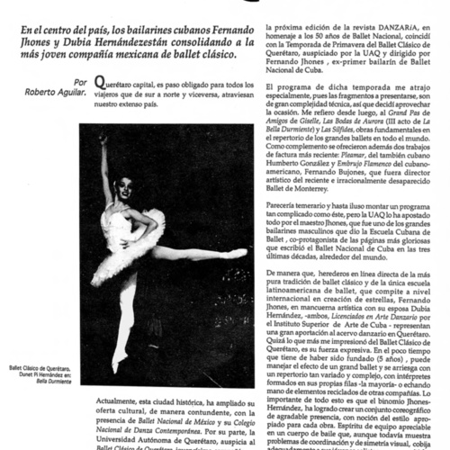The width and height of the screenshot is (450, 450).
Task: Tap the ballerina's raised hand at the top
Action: (x=104, y=142)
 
